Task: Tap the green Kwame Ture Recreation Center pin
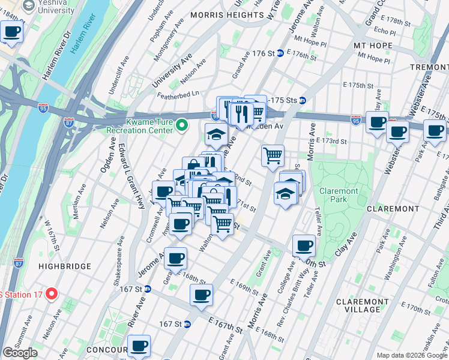tap(184, 125)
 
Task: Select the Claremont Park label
tap(339, 195)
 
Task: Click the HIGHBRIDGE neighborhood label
tap(64, 266)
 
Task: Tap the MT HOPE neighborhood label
tap(373, 46)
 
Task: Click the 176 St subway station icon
tap(280, 53)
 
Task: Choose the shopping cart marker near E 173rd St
tap(273, 155)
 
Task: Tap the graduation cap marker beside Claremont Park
tap(286, 193)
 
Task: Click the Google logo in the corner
tap(20, 353)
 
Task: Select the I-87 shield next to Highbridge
tap(18, 262)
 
